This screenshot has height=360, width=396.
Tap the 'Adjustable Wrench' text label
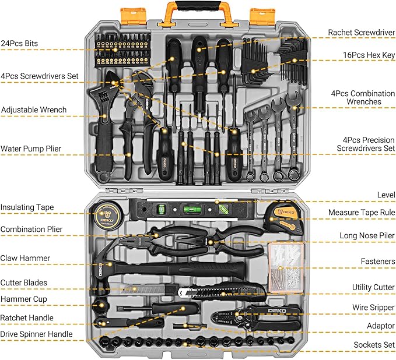click(34, 110)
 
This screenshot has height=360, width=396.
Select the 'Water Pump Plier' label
click(31, 149)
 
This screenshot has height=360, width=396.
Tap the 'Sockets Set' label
click(374, 345)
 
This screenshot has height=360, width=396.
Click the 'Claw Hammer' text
click(26, 258)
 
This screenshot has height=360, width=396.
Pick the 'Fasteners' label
click(377, 262)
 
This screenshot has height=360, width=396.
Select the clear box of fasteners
click(286, 266)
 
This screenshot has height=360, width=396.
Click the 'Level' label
click(386, 195)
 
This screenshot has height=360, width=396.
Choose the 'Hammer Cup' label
click(24, 299)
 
